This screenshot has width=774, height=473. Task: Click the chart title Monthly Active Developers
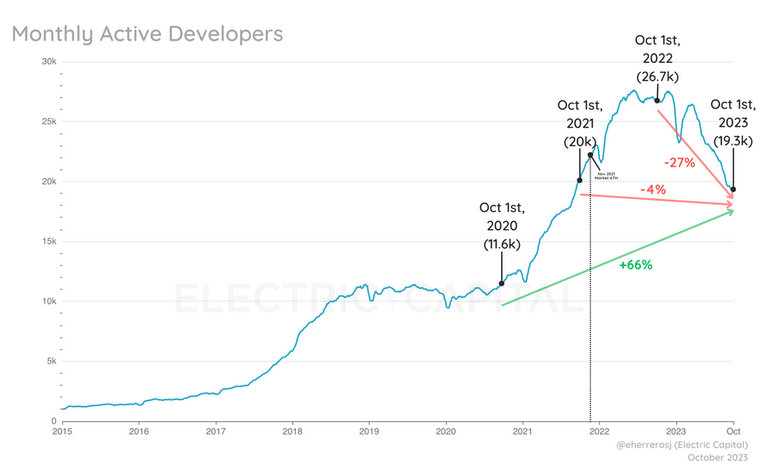tap(147, 34)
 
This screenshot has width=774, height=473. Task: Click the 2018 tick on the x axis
tap(293, 431)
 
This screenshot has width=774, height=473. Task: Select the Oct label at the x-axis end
tap(733, 431)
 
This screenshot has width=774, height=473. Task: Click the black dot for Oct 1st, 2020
tap(501, 283)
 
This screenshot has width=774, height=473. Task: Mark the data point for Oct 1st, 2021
tap(580, 181)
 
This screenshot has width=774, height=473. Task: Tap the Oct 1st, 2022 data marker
tap(657, 100)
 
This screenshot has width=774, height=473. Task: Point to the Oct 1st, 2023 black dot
tap(733, 190)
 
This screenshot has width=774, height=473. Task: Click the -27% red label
tap(679, 163)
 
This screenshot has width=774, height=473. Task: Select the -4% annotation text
tap(652, 190)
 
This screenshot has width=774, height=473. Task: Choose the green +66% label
tap(636, 265)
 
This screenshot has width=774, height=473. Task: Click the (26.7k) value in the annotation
tap(657, 77)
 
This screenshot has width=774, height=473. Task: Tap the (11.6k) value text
tap(502, 244)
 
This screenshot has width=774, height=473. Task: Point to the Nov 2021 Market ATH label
tap(606, 175)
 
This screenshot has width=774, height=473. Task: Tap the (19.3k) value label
tap(733, 142)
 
